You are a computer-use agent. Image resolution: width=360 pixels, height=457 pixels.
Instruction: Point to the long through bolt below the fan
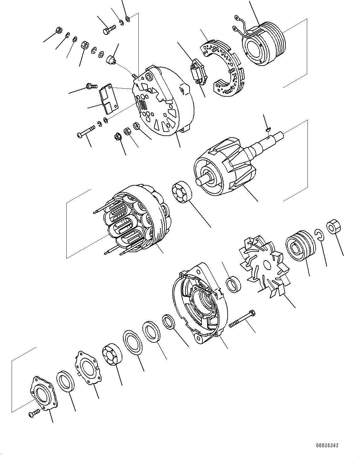[x=242, y=319]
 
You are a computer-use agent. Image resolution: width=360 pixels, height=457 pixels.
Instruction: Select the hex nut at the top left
[x=58, y=30]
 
